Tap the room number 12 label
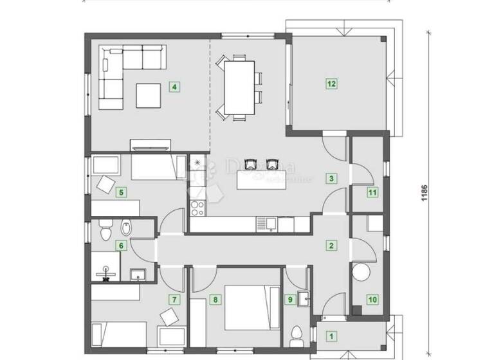pyautogui.click(x=331, y=83)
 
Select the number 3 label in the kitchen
pyautogui.click(x=331, y=179)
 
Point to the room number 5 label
pyautogui.click(x=120, y=191)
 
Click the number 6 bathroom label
pyautogui.click(x=120, y=244)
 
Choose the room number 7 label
pyautogui.click(x=172, y=299)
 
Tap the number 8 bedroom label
pyautogui.click(x=215, y=299)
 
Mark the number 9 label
pyautogui.click(x=291, y=299)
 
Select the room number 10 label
pyautogui.click(x=371, y=298)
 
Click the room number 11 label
pyautogui.click(x=372, y=192)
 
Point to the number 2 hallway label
pyautogui.click(x=331, y=245)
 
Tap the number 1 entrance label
pyautogui.click(x=331, y=335)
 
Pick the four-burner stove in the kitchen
pyautogui.click(x=197, y=208)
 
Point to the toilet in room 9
pyautogui.click(x=297, y=336)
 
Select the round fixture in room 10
pyautogui.click(x=360, y=272)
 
